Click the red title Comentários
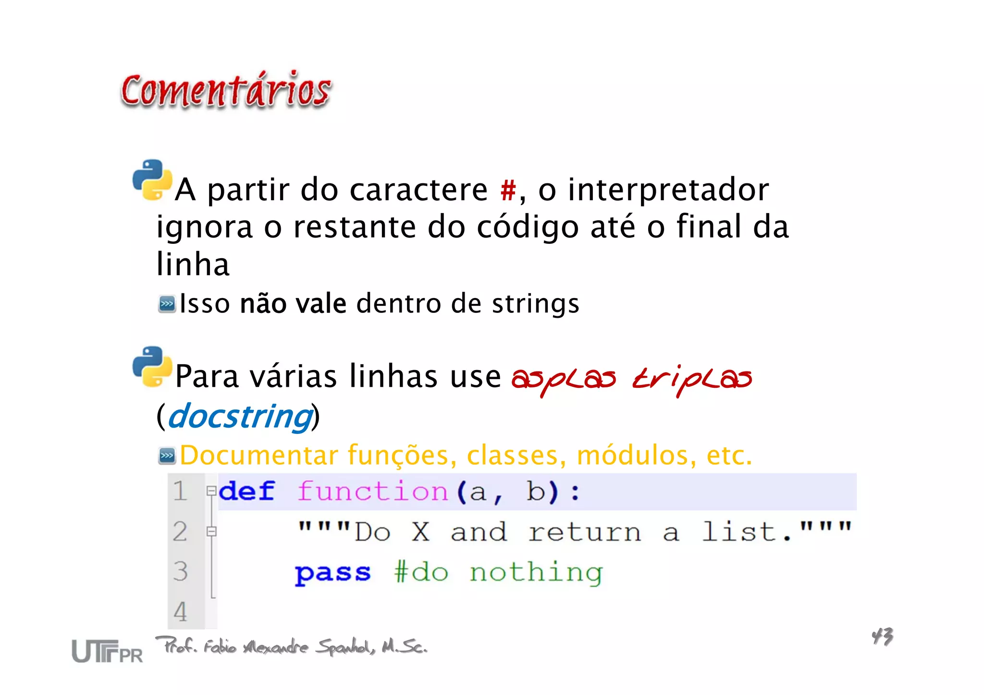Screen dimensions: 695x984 226,90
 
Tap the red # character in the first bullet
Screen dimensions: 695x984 508,190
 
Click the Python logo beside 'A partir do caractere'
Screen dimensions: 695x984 152,180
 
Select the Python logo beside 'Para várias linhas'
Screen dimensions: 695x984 152,367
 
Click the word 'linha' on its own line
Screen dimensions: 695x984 193,264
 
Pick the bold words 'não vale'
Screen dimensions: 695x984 293,304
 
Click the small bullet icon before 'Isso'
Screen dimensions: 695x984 167,304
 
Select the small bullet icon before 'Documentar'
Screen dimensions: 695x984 167,455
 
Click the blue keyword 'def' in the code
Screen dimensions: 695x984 246,491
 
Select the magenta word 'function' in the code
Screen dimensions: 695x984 372,491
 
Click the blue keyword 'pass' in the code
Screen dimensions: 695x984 332,573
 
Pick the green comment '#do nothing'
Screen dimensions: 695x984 498,573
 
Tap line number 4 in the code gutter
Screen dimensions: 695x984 180,611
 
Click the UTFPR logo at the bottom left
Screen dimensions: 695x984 107,651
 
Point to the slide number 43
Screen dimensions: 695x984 882,636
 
